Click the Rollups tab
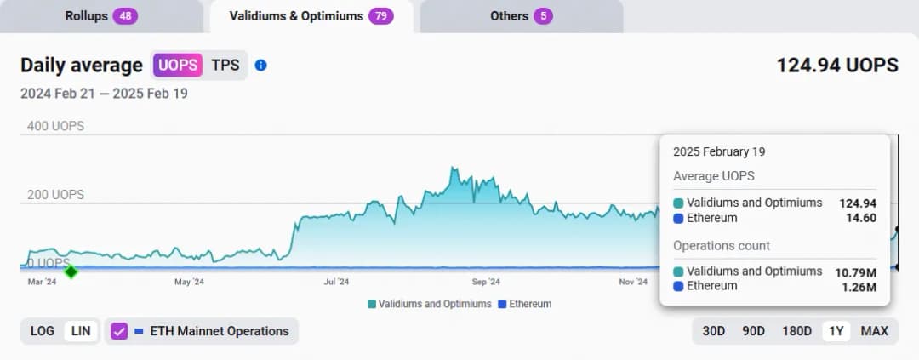(x=100, y=16)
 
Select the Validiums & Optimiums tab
(x=311, y=16)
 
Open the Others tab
(x=521, y=16)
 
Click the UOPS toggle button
(x=178, y=65)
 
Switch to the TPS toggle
(x=225, y=65)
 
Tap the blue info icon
(x=261, y=65)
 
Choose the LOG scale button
(x=43, y=331)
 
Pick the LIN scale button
(x=81, y=331)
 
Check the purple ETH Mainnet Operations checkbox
(x=119, y=331)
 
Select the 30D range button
(x=714, y=331)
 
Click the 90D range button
(x=753, y=331)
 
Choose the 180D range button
(x=796, y=331)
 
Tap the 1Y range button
(x=836, y=331)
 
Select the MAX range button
(x=874, y=331)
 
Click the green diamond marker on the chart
(x=71, y=271)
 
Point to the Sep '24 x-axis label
(x=485, y=282)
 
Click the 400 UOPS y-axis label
(x=53, y=126)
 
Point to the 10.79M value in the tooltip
(x=858, y=271)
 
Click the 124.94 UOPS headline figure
(x=836, y=65)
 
